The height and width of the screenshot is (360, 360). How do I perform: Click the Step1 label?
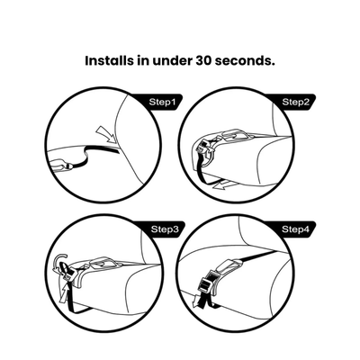[x=159, y=103]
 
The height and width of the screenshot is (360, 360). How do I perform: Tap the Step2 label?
[x=293, y=103]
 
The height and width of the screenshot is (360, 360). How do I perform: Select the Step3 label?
[x=159, y=230]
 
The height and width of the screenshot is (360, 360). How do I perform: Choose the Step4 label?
[x=293, y=230]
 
